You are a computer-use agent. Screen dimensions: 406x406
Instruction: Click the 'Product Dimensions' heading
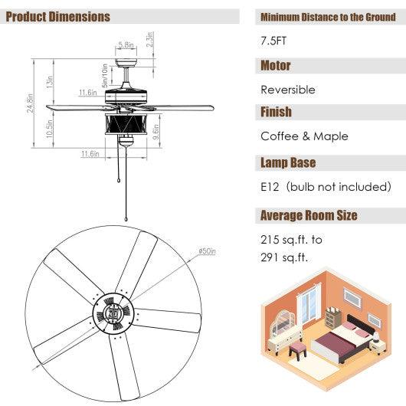coord(58,17)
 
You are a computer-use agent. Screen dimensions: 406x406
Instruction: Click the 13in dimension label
coord(49,80)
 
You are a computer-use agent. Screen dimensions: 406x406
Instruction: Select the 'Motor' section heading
coord(276,66)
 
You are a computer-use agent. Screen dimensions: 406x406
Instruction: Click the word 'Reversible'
coord(287,90)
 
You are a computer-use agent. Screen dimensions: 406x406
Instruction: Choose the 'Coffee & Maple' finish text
coord(304,136)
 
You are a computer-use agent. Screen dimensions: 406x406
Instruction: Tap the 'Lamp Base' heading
coord(288,163)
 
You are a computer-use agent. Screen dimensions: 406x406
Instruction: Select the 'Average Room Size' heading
coord(309,215)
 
